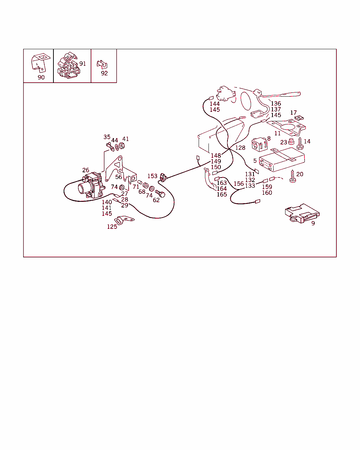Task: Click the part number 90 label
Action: click(41, 77)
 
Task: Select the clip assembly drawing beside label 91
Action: click(69, 65)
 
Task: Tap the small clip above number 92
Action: click(102, 64)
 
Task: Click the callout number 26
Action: click(85, 170)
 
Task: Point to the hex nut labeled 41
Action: click(122, 146)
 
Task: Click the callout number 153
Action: click(152, 176)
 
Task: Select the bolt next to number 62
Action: click(160, 194)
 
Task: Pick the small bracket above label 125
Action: click(124, 220)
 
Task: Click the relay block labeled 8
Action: click(259, 144)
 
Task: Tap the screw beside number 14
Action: click(300, 143)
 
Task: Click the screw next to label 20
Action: click(292, 176)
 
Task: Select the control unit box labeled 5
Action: click(282, 160)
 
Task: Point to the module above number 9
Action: click(302, 213)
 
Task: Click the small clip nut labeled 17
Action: click(299, 118)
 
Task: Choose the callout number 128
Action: click(240, 148)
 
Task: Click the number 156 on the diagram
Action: click(239, 184)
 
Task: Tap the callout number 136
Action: click(276, 103)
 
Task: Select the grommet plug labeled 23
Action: click(291, 142)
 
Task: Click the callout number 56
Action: click(118, 177)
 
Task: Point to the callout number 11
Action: click(277, 133)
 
